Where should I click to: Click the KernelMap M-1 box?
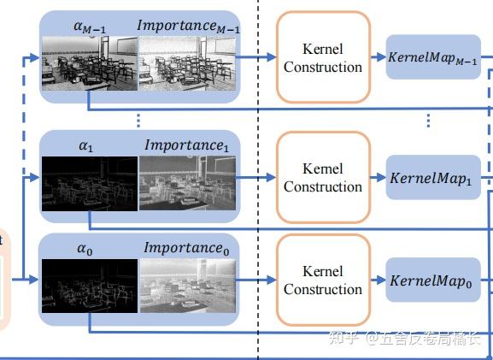pyautogui.click(x=433, y=56)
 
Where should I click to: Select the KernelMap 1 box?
pyautogui.click(x=433, y=178)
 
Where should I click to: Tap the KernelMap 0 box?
pyautogui.click(x=433, y=280)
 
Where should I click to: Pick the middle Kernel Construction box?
pyautogui.click(x=323, y=177)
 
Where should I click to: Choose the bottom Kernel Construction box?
pyautogui.click(x=323, y=280)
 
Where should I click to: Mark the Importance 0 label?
pyautogui.click(x=187, y=249)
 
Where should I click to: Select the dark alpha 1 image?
pyautogui.click(x=90, y=183)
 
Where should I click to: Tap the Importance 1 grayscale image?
pyautogui.click(x=185, y=183)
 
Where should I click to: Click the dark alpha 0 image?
pyautogui.click(x=90, y=286)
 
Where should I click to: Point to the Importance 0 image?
pyautogui.click(x=185, y=286)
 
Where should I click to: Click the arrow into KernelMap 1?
pyautogui.click(x=377, y=178)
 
